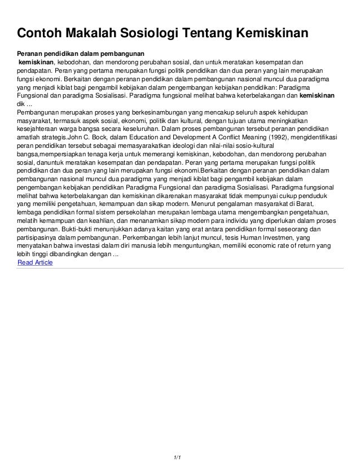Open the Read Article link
tap(35, 262)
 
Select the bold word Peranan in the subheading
tap(28, 52)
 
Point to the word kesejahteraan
tap(39, 129)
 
